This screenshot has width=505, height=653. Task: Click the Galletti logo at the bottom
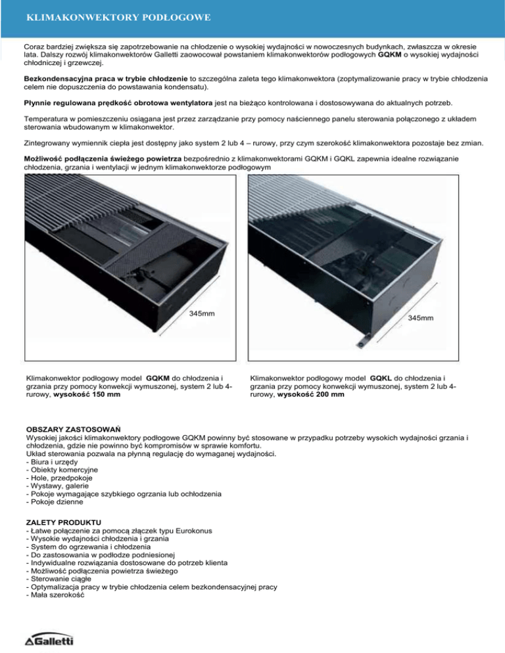(x=49, y=640)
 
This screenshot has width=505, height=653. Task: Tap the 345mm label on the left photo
(x=202, y=314)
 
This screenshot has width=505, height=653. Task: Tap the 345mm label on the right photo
(x=420, y=318)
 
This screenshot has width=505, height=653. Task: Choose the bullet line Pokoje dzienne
(x=53, y=503)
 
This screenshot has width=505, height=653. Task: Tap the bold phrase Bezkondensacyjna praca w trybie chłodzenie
(x=101, y=78)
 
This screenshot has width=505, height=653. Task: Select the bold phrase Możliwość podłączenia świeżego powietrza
(x=106, y=159)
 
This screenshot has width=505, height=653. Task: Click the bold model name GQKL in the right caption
(x=385, y=378)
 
